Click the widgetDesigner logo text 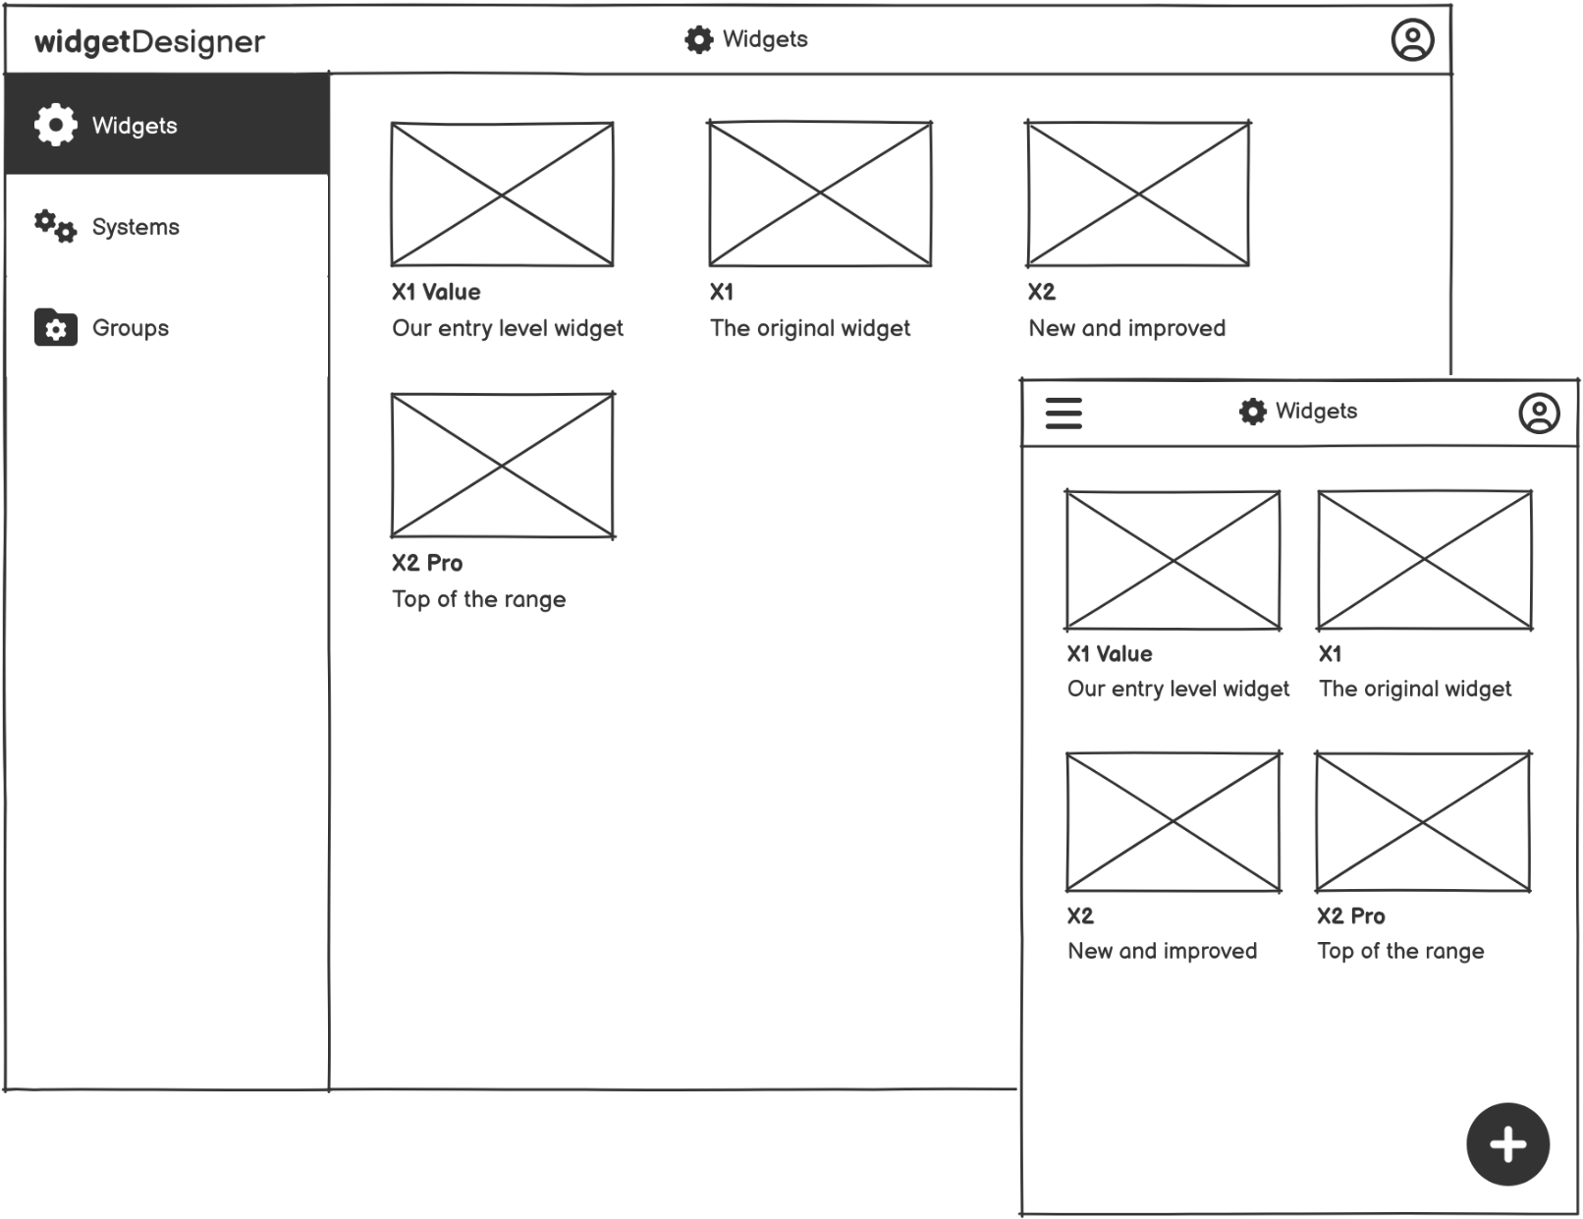(149, 41)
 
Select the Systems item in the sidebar (136, 227)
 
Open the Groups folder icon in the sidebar (55, 328)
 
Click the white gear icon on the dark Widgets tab (55, 125)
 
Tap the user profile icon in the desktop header (1412, 40)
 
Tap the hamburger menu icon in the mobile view (1064, 413)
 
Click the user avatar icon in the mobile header (1539, 413)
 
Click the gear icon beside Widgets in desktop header (698, 40)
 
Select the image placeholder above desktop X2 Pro (502, 465)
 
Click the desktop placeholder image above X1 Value (502, 194)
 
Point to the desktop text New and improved (1126, 328)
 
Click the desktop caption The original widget (809, 328)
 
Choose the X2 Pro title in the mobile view (1350, 916)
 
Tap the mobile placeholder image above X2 (1173, 821)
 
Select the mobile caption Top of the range (1400, 951)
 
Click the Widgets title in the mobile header (1316, 412)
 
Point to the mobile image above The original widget (1424, 560)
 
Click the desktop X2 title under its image (1041, 292)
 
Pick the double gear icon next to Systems (55, 226)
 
